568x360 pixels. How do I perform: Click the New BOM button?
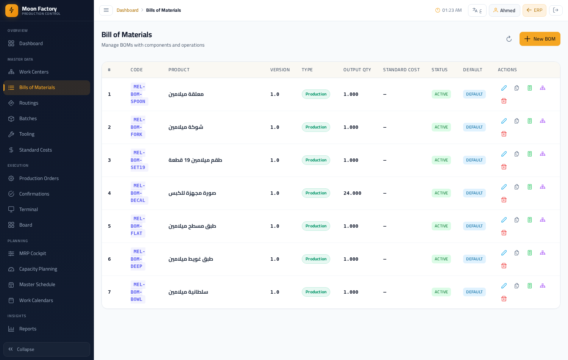pos(540,39)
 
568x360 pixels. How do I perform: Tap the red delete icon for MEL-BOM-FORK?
pos(504,134)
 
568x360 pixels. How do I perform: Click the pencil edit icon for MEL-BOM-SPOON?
pos(504,88)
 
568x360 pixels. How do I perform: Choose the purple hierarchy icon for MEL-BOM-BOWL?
pos(542,286)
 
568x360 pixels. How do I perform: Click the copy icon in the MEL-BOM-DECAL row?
pos(517,187)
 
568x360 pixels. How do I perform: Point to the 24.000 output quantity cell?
pos(352,193)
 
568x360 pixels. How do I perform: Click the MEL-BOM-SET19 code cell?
pos(138,160)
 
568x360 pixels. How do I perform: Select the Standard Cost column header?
pos(401,70)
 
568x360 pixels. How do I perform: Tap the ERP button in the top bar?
pos(534,10)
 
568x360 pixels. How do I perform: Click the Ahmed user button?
pos(504,10)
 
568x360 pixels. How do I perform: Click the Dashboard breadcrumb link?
pos(127,10)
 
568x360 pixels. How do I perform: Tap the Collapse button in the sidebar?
pos(47,349)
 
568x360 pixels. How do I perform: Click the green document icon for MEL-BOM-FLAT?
pos(529,220)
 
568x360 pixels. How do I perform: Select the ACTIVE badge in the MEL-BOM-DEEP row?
pos(441,259)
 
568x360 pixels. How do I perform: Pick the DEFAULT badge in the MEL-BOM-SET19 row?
pos(474,160)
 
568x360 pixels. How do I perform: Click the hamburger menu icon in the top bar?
pos(106,10)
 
